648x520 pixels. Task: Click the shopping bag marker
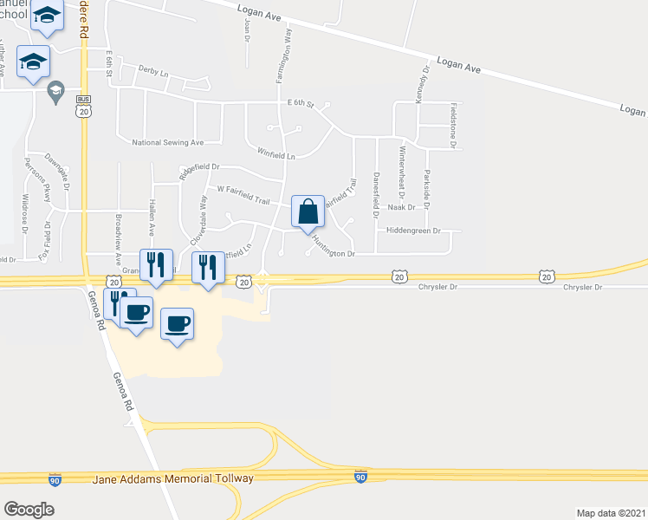pos(308,211)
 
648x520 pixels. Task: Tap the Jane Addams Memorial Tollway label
pos(172,478)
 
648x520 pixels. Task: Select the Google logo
pos(29,510)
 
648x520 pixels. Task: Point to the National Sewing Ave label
pos(167,142)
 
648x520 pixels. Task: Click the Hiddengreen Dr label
pos(413,231)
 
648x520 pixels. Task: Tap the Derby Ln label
pos(152,73)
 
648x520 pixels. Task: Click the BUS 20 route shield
pos(83,106)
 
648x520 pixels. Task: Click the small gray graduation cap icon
pos(57,92)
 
